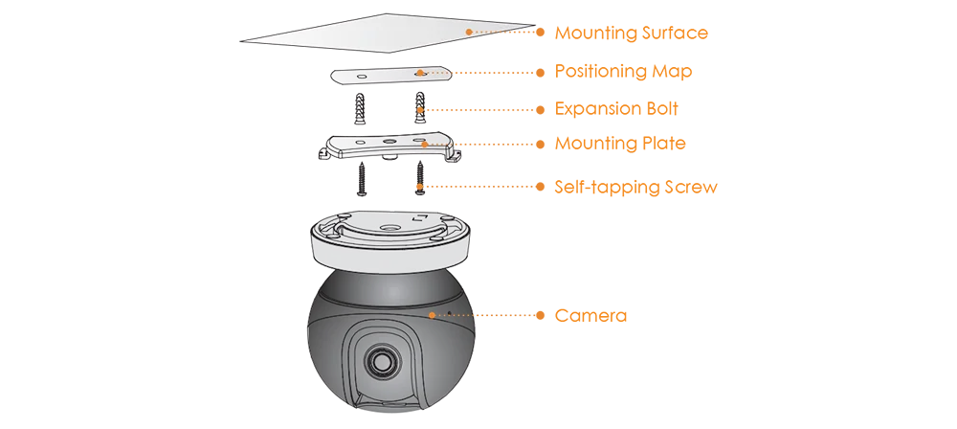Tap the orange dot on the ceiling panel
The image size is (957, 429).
(469, 33)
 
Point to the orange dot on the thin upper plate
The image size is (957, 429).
(419, 73)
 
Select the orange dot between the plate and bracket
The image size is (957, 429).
(419, 110)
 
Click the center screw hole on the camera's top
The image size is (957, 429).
(391, 228)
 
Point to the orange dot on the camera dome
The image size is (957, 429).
(433, 314)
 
